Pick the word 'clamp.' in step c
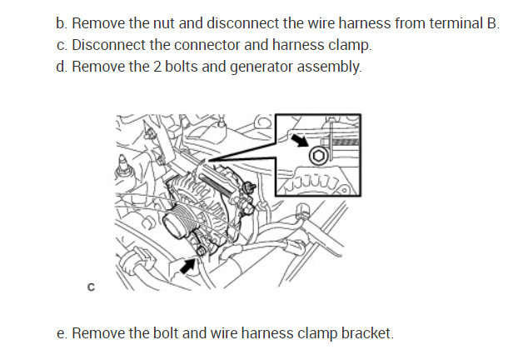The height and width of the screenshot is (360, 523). pos(348,44)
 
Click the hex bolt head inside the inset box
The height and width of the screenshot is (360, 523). pos(317,157)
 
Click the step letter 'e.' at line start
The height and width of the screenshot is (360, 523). pos(62,333)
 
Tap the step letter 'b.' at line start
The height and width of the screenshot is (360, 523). pos(62,23)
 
